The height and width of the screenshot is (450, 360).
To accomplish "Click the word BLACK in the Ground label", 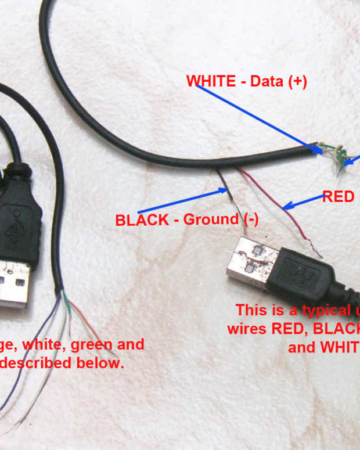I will pyautogui.click(x=139, y=220).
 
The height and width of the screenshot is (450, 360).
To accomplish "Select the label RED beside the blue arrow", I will pyautogui.click(x=338, y=197).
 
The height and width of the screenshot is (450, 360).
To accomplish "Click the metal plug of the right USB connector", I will pyautogui.click(x=246, y=261).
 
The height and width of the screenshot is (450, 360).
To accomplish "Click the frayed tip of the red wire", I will pyautogui.click(x=317, y=253).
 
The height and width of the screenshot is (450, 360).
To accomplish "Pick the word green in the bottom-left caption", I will pyautogui.click(x=92, y=345).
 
